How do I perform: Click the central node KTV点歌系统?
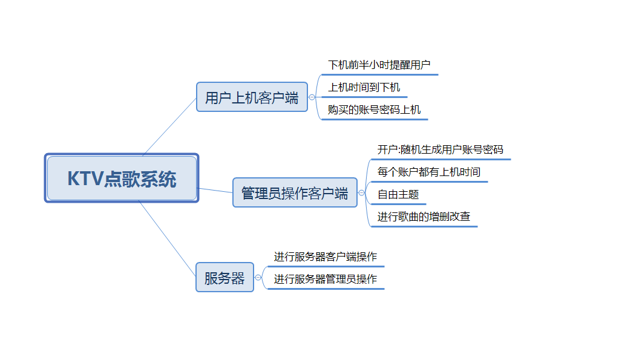point(122,178)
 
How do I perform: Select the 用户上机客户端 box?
point(252,97)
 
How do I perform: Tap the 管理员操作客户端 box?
point(295,193)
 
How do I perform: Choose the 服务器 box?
point(224,278)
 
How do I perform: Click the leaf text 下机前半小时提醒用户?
point(379,65)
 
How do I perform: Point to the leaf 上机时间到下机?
point(364,87)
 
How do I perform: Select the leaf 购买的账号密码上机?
point(374,110)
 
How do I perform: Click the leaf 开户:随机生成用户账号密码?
point(440,149)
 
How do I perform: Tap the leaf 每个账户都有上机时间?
point(428,172)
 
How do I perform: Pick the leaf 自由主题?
point(398,195)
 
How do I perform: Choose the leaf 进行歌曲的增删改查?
point(424,217)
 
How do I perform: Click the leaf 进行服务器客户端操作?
point(325,257)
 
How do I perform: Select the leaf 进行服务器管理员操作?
point(325,279)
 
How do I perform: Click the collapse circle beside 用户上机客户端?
point(312,97)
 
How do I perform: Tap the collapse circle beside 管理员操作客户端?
point(361,193)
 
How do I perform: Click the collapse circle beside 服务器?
point(258,278)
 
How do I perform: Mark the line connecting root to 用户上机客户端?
point(169,126)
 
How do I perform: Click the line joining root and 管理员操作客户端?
point(215,191)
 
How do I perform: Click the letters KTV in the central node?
point(84,179)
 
